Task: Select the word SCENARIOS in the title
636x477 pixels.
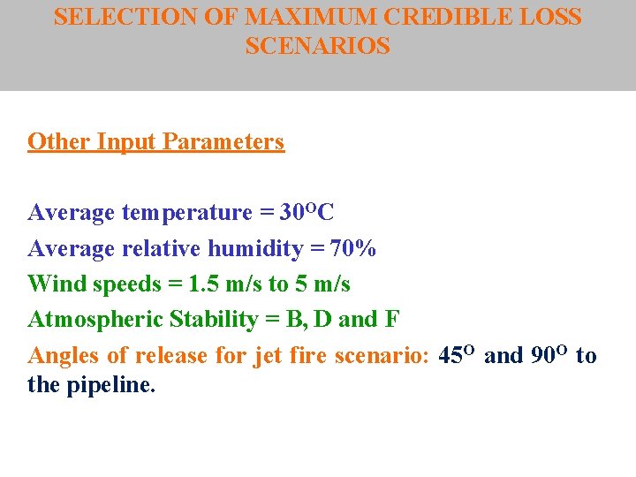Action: coord(317,47)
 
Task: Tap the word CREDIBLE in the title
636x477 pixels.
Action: coord(441,18)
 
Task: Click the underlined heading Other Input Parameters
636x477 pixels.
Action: coord(156,142)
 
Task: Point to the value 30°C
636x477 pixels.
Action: coord(307,213)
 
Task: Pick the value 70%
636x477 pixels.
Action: coord(353,249)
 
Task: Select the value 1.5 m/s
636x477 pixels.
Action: coord(229,284)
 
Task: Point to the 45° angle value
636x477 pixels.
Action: coord(458,356)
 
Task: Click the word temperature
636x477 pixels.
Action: coord(187,213)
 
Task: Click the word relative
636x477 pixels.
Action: coord(169,249)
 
